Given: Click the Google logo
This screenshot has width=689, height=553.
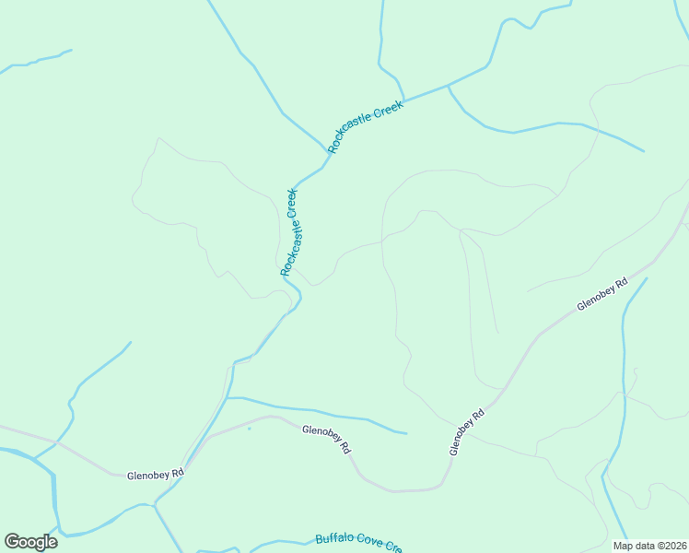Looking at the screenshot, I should (31, 542).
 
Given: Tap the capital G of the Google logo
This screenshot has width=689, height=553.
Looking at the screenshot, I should (13, 542).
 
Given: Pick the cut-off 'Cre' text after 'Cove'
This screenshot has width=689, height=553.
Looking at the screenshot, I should (394, 547).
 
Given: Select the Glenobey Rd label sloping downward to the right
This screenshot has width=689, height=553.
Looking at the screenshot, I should (327, 437).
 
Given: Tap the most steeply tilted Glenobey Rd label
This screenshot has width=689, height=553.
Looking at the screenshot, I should (467, 432).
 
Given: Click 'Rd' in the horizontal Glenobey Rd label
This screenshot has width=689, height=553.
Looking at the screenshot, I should (179, 473).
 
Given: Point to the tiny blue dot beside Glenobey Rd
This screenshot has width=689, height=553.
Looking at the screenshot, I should (249, 429).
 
